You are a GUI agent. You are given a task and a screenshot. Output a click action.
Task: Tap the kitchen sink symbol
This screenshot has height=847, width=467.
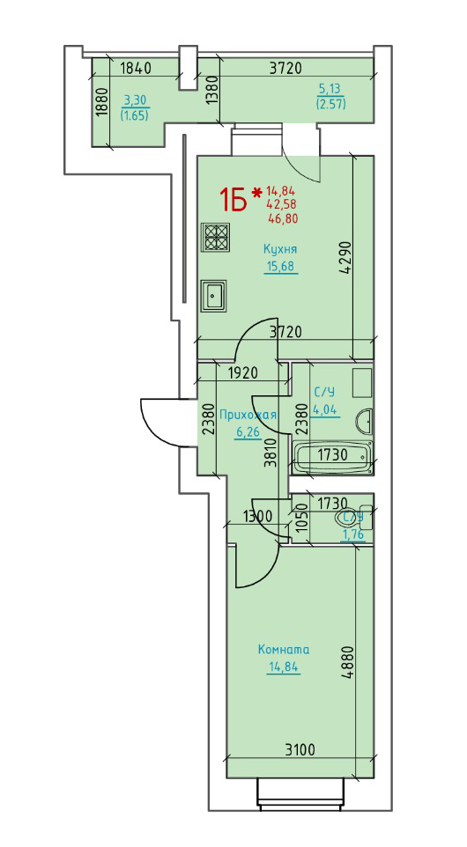214,296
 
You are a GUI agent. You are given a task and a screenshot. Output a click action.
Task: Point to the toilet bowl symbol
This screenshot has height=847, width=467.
355,517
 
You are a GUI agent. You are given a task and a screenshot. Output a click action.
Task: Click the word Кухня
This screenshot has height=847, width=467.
280,249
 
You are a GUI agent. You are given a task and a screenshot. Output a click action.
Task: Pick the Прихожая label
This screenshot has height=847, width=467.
248,415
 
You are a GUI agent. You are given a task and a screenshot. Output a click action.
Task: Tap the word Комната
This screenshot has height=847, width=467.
283,649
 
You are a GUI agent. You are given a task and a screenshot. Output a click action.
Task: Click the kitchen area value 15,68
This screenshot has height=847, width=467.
281,266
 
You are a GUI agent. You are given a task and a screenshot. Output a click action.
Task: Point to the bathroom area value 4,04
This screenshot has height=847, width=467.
325,409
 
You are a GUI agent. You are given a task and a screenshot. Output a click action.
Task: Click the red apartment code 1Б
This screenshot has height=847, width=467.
233,199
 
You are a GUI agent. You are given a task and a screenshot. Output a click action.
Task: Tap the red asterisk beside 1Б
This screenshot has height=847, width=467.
257,191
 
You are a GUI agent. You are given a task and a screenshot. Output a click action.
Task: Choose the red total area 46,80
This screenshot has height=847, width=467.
283,218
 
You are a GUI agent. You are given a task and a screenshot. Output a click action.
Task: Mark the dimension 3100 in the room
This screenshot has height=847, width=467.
300,749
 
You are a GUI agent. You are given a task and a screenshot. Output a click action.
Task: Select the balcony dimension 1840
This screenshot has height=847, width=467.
135,68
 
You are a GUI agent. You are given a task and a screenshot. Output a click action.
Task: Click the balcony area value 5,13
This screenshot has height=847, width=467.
330,87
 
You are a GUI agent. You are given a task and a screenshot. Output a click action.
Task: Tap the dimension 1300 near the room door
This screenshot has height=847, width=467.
256,516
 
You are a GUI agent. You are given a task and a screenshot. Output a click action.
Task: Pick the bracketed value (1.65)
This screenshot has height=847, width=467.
136,114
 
